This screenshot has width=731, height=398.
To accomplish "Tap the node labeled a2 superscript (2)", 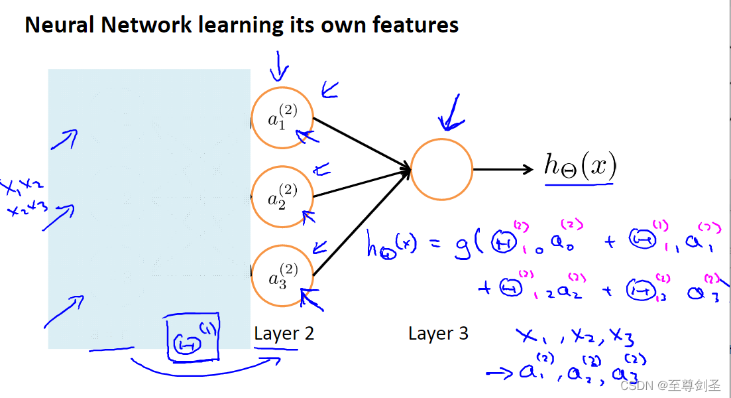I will click(x=282, y=197).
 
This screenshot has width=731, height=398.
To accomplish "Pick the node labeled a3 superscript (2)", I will click(x=282, y=275).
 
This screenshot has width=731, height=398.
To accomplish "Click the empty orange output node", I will click(x=441, y=169).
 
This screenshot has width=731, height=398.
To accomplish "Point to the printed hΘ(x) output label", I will click(x=580, y=165).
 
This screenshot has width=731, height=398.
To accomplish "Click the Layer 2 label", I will click(x=284, y=333).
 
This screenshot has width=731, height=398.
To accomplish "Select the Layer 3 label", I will click(x=438, y=333).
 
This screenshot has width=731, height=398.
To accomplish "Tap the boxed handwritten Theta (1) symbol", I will click(x=193, y=339).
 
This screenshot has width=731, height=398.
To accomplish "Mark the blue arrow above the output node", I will click(x=453, y=113).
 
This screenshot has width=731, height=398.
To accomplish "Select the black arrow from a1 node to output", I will click(x=361, y=143).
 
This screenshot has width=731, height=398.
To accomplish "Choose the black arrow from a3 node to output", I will click(x=361, y=223).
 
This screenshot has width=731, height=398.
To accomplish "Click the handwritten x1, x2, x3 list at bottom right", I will click(x=576, y=338).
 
